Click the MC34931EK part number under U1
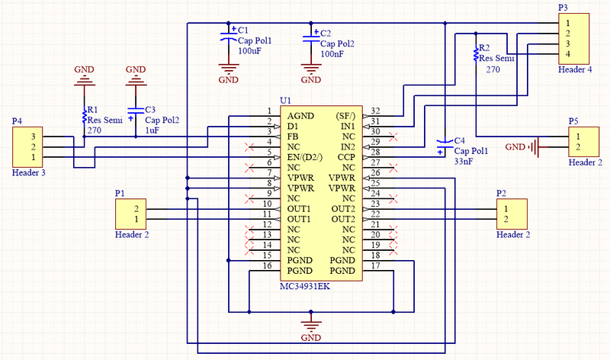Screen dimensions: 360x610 306,284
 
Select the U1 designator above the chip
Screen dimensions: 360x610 285,101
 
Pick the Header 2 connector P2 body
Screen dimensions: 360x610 510,214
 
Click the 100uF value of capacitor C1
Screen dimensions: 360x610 250,51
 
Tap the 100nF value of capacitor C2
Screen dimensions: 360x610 332,54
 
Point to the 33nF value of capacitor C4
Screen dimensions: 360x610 464,162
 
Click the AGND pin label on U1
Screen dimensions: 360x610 300,115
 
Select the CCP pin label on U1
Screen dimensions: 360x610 347,157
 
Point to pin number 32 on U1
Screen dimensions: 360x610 375,111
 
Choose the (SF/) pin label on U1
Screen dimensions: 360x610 345,115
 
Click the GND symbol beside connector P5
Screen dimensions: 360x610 521,146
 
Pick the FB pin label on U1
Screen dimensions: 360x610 293,136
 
